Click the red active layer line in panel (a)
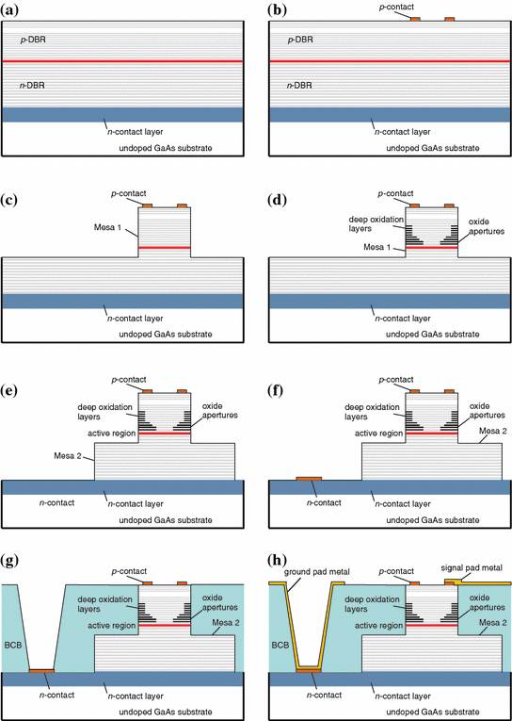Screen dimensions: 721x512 123,61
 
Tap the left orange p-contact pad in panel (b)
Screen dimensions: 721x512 416,19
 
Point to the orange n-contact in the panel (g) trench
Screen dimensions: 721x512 41,670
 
